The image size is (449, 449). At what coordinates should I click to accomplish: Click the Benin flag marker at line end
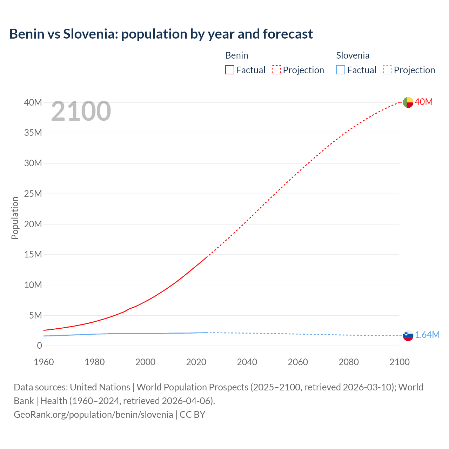[x=408, y=102]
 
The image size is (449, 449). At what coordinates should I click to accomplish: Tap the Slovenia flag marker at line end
[x=408, y=335]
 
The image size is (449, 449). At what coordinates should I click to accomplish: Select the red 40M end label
[x=424, y=102]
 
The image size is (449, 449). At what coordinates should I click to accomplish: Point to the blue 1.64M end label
[x=427, y=335]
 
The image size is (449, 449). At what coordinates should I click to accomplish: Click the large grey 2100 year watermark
[x=81, y=111]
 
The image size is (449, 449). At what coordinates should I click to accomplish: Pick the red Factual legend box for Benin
[x=230, y=70]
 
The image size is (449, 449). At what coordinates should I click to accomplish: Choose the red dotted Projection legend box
[x=276, y=70]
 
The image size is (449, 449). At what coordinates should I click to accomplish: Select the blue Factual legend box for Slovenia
[x=341, y=70]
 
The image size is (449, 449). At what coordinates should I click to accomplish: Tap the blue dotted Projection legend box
[x=387, y=70]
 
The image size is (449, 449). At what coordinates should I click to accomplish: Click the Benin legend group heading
[x=237, y=55]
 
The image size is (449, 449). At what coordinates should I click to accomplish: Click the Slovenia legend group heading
[x=353, y=55]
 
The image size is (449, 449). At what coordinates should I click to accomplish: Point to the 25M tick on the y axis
[x=33, y=194]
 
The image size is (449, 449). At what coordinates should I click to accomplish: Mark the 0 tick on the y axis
[x=39, y=346]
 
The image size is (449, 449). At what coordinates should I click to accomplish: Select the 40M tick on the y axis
[x=33, y=102]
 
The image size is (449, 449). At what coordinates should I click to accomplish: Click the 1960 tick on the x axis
[x=44, y=362]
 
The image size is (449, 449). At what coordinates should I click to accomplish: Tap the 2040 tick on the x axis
[x=247, y=362]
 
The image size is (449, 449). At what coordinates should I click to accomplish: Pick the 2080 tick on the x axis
[x=349, y=362]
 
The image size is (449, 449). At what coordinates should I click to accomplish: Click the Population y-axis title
[x=15, y=218]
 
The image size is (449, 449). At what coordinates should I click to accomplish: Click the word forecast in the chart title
[x=288, y=34]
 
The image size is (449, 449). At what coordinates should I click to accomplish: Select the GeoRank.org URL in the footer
[x=93, y=414]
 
